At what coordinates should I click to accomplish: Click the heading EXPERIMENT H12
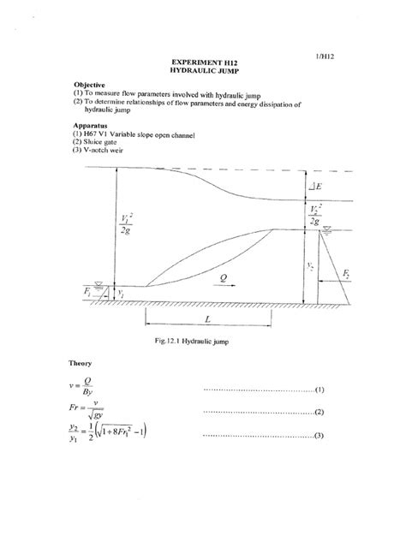[x=204, y=64]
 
